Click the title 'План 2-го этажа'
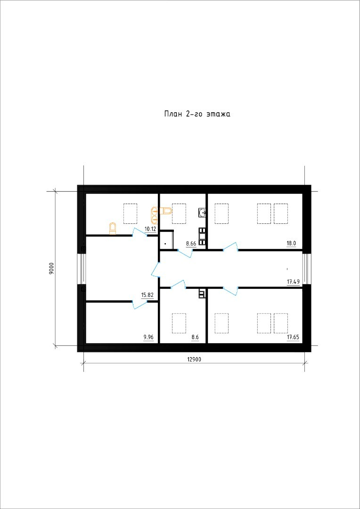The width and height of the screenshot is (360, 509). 197,114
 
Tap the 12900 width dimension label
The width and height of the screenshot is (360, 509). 194,359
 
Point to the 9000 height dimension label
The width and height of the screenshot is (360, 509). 51,269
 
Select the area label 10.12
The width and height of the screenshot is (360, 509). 150,229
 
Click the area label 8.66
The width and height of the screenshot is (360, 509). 191,243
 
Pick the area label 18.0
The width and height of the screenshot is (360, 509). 291,243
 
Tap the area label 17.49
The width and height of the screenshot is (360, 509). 293,282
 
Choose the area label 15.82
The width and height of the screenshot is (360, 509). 147,295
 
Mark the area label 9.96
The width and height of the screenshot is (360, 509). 148,337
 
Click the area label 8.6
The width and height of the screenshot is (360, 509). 195,337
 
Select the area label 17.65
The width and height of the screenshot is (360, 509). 293,337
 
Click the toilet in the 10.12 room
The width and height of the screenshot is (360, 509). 113,228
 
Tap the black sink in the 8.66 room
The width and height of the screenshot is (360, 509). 202,213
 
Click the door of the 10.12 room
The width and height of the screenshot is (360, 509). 140,231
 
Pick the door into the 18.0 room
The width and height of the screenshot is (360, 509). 231,247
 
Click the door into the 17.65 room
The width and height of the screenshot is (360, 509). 231,291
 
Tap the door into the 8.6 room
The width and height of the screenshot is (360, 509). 178,284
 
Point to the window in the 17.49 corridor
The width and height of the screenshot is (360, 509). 306,269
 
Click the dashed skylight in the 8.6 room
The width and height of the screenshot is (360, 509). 179,323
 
